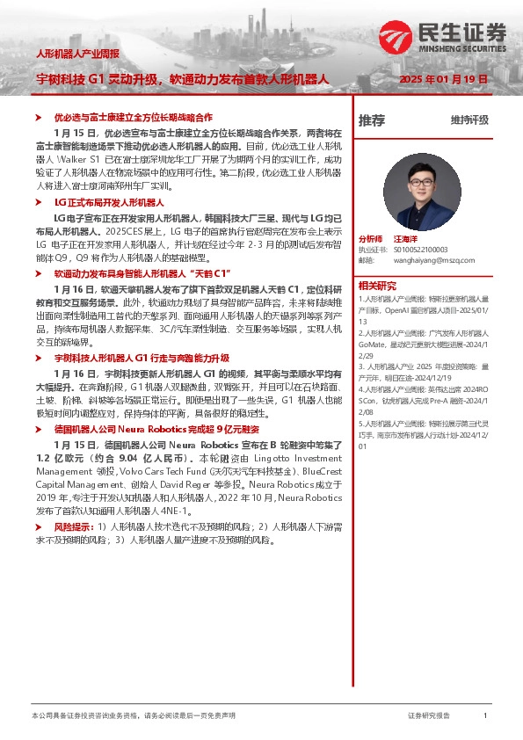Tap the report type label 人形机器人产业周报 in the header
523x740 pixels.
tap(77, 53)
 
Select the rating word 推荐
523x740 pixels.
tap(371, 120)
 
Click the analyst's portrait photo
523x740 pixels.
tap(423, 191)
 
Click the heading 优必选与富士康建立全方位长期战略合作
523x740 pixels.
tap(134, 117)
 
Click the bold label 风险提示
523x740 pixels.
tap(74, 526)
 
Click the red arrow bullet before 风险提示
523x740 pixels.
tap(47, 526)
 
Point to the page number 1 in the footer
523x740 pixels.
tap(485, 716)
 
